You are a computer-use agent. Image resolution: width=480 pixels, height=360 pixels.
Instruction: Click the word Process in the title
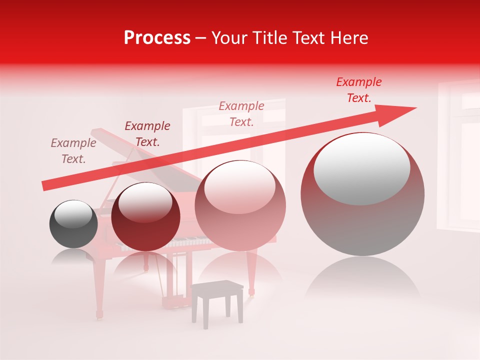click(x=157, y=38)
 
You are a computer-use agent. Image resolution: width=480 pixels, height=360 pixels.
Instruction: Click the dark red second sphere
click(x=145, y=217)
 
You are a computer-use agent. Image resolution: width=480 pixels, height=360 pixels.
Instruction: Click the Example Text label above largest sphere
click(x=358, y=90)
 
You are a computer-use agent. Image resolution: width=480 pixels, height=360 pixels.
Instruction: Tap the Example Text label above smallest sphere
click(x=73, y=151)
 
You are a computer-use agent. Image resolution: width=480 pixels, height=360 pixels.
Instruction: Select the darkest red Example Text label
click(x=147, y=134)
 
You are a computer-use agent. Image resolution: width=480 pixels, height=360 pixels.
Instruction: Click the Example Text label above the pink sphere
click(x=241, y=113)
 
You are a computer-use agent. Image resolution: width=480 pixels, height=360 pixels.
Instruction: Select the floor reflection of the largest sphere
click(x=362, y=280)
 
